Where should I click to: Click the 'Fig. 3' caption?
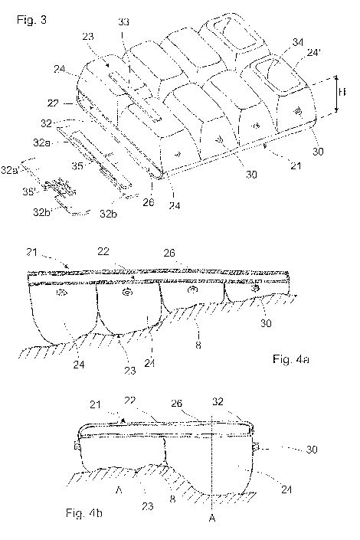tap(31, 20)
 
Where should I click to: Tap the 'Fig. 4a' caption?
tap(291, 359)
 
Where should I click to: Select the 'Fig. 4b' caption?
tap(84, 513)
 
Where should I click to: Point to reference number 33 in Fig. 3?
tap(123, 22)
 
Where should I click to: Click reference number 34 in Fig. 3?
tap(298, 42)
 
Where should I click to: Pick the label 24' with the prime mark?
tap(314, 53)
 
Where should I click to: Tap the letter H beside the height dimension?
tap(342, 92)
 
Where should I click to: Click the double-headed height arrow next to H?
tap(337, 95)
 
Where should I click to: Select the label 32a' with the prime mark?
tap(10, 169)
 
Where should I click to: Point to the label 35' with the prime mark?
tap(30, 191)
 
